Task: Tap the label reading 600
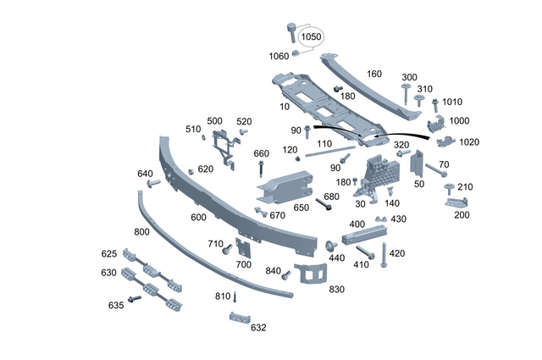tap(198, 218)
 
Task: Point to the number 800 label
tap(141, 231)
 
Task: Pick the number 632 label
tap(257, 327)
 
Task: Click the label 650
tap(301, 207)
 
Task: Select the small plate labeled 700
tap(244, 249)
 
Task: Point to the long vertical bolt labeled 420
tap(384, 254)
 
